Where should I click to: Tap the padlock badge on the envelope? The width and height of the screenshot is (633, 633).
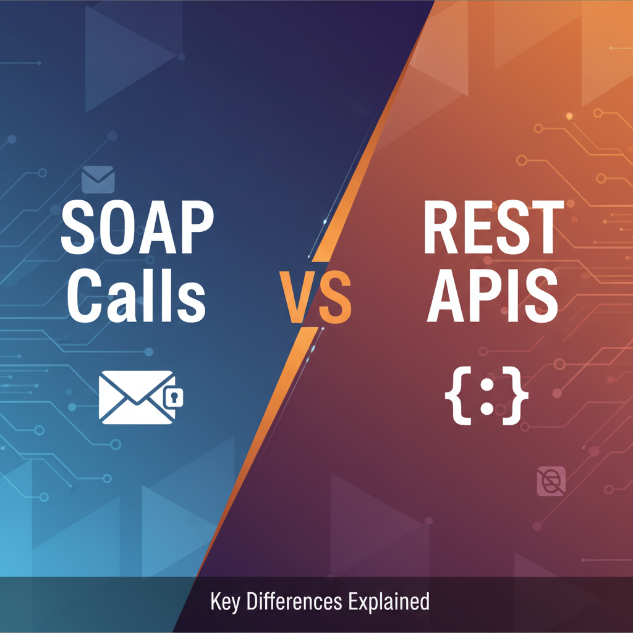[175, 397]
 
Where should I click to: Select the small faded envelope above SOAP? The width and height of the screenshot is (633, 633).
[98, 179]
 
